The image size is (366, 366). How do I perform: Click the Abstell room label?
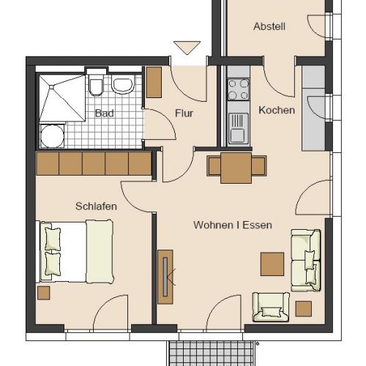[269, 26]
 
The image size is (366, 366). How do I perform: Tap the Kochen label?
[277, 111]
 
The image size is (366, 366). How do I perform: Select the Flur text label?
[184, 113]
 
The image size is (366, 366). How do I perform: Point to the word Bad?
[105, 113]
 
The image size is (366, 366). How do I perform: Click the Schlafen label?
[96, 206]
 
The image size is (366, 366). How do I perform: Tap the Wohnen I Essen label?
[233, 225]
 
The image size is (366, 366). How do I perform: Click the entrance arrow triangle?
[187, 48]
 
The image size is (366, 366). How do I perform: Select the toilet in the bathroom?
[96, 85]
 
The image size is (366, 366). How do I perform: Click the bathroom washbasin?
[123, 84]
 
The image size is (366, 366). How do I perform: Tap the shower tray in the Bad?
[62, 98]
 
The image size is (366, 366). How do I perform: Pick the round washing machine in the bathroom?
[52, 136]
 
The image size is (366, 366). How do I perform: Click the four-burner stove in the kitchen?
[239, 89]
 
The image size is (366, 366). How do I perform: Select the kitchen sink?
[239, 128]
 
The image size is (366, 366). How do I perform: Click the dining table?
[236, 168]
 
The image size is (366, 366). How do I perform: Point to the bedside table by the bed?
[43, 293]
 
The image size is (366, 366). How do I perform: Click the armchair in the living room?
[271, 307]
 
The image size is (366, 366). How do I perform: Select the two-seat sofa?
[306, 260]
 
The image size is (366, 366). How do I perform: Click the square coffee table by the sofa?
[272, 264]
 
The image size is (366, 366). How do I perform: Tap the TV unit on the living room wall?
[165, 277]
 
